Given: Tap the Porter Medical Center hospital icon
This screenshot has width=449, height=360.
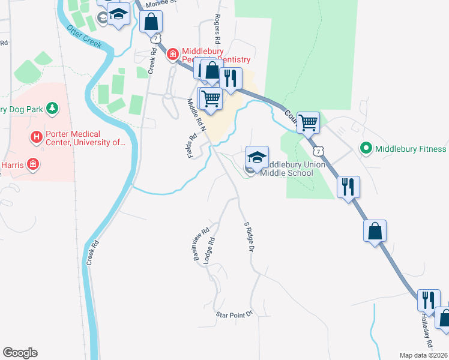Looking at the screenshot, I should coord(37,137).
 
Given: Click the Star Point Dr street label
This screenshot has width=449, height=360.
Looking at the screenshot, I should coord(235,314).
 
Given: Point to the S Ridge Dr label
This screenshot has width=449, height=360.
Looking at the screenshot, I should coord(249,237).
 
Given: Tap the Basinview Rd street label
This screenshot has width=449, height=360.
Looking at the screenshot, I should coord(200,243).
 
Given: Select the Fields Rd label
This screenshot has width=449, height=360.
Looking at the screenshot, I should coord(193,146).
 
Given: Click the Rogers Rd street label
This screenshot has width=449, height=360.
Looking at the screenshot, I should coord(218,29).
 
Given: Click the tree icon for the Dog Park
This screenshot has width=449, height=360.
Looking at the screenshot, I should coord(53,108).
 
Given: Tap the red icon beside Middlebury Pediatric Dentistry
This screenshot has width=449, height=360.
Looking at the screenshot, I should coord(173,55).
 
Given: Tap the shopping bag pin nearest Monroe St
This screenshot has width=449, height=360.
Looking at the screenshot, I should coord(151,22).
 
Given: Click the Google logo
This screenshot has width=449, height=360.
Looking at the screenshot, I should coord(20,353).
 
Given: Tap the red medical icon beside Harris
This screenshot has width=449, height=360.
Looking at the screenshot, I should coord(34,164).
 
